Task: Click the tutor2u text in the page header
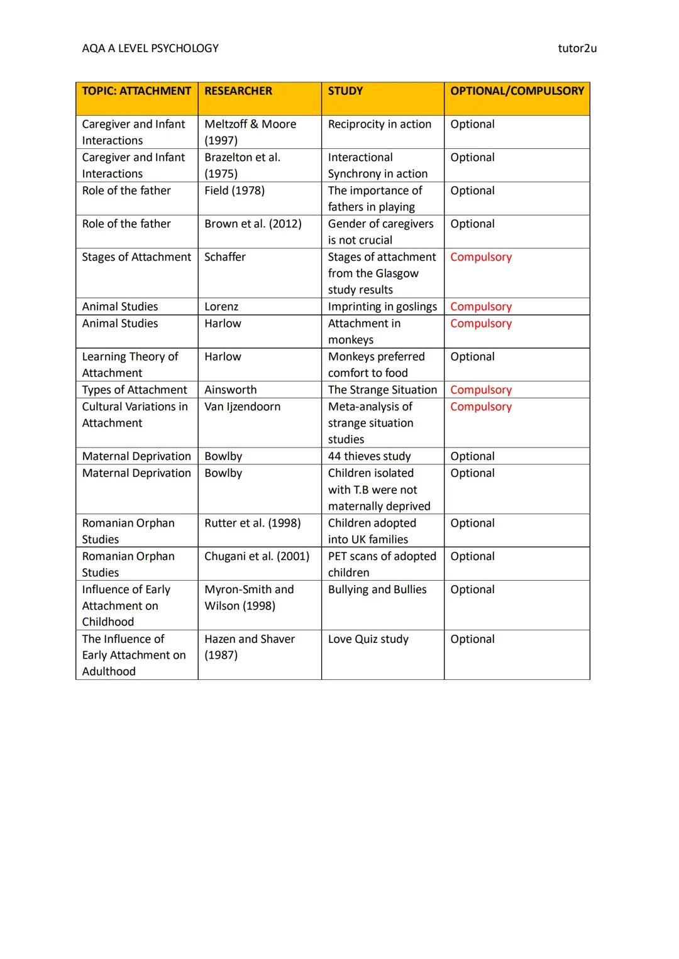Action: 577,48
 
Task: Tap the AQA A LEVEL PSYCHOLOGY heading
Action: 150,48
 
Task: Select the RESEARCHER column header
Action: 238,91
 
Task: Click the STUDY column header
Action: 345,91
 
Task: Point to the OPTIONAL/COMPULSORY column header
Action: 517,91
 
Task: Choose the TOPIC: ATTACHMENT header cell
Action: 136,91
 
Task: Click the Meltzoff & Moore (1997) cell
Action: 250,132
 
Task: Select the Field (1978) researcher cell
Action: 235,190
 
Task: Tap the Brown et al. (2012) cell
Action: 253,224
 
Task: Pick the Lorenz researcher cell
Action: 221,307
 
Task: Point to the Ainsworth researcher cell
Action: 230,390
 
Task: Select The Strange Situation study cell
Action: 382,390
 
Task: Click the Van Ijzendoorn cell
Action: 242,407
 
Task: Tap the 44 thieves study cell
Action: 369,456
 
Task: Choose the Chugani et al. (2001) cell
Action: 257,556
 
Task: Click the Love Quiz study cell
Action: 368,639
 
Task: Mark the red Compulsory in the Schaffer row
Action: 481,257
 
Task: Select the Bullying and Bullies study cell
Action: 377,589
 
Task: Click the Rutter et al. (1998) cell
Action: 252,523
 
